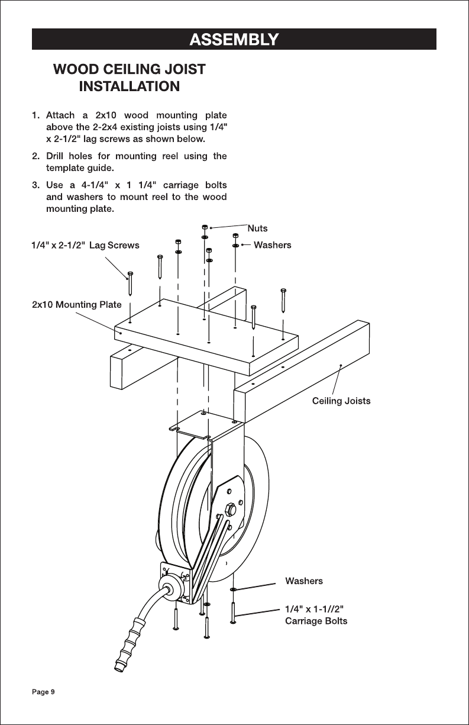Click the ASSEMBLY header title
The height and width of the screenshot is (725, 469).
pos(234,40)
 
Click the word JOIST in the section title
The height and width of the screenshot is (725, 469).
pos(184,69)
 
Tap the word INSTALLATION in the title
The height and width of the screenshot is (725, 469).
pos(130,86)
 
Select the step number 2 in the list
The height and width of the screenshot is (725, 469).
pos(35,156)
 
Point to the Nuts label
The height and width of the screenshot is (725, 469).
pos(257,228)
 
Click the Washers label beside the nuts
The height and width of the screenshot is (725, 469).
pos(272,245)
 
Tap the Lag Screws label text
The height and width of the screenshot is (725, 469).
pos(114,246)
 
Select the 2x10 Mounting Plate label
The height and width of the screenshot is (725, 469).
pos(77,305)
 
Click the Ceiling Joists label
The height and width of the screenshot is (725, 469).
pos(341,401)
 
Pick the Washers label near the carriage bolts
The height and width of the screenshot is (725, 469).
pos(304,581)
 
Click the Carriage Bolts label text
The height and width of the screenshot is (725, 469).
pos(316,621)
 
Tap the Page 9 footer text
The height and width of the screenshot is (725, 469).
pos(43,692)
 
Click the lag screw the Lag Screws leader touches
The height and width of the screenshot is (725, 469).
pos(130,284)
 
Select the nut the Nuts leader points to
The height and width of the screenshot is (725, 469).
pos(205,227)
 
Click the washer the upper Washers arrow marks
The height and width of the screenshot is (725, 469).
pos(235,246)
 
